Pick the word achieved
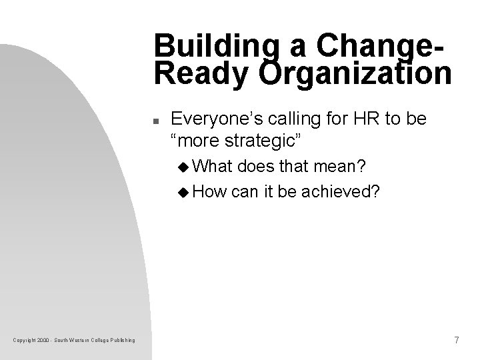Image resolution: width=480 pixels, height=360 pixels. pos(342,193)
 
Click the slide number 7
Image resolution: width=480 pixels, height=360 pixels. pos(456,341)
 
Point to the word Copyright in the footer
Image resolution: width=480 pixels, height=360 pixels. pos(25,341)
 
